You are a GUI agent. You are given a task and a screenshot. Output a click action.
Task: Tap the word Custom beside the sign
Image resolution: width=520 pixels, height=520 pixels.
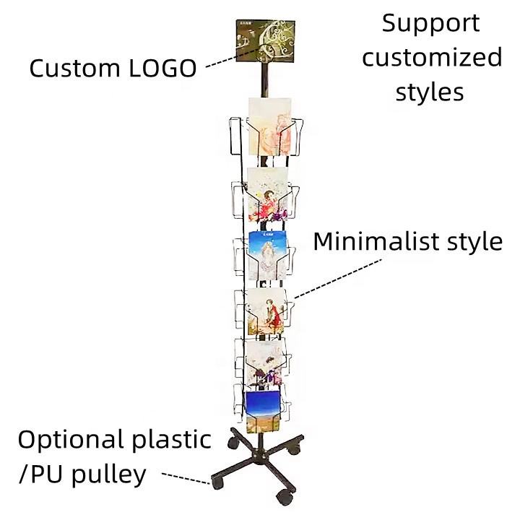pos(74,69)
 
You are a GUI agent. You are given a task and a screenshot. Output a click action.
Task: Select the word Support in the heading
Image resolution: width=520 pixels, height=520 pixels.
pos(430,23)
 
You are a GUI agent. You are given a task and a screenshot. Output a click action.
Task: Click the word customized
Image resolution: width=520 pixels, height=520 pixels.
pos(432,58)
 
